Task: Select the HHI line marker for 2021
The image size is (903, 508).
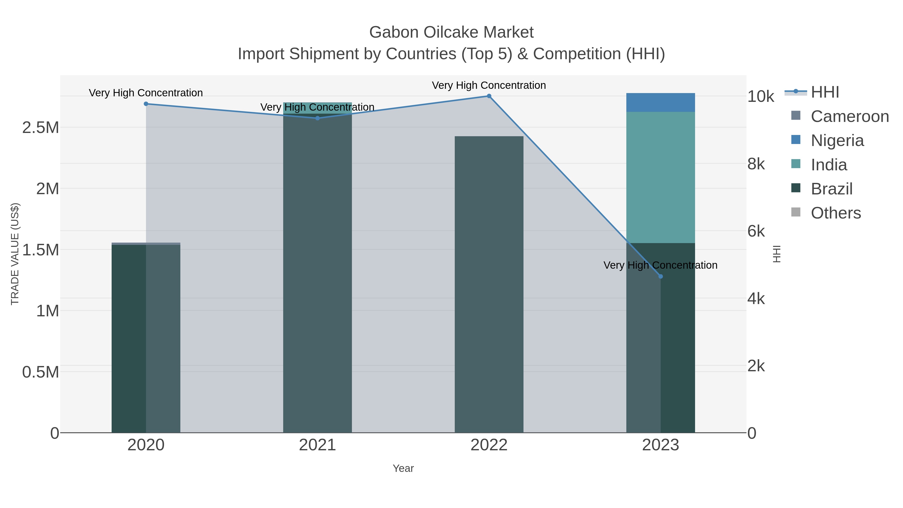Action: [318, 118]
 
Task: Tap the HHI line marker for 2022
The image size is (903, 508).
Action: [489, 96]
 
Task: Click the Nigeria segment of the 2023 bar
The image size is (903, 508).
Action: [661, 102]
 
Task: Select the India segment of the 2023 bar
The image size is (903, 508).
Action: [661, 177]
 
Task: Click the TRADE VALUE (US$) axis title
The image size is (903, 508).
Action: [15, 254]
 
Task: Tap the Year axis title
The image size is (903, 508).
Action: [403, 468]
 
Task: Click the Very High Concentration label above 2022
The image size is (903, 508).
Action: [489, 85]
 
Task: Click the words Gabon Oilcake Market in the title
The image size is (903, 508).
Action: [451, 32]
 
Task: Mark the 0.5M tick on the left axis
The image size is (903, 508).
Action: [41, 372]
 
